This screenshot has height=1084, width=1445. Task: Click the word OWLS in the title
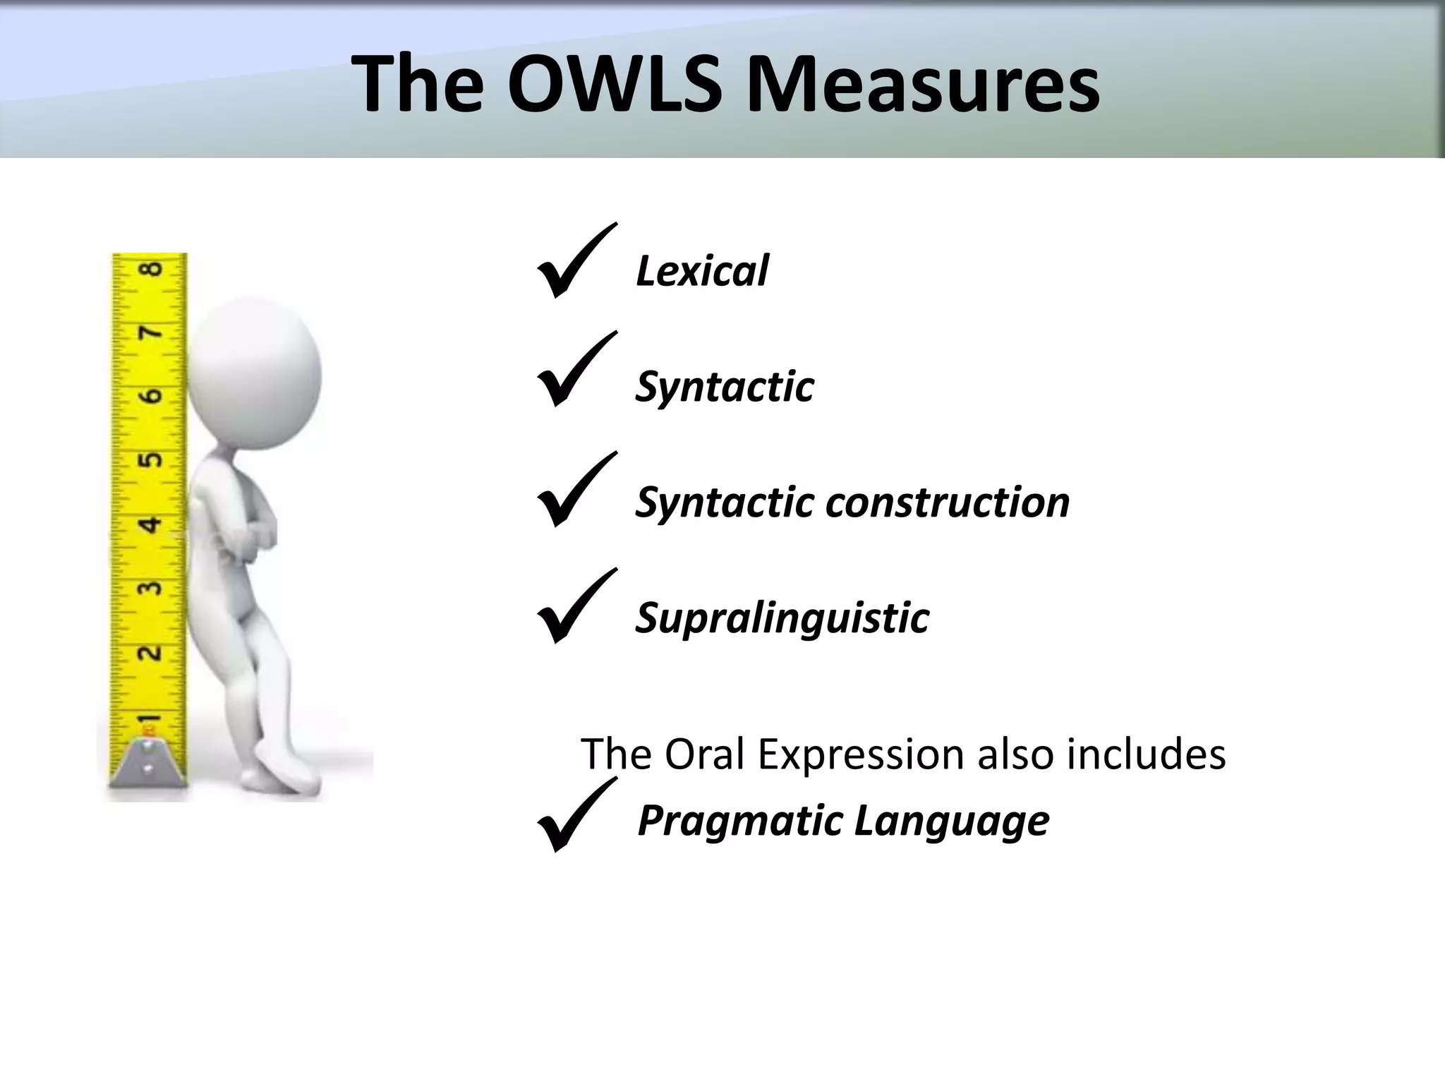[x=615, y=83]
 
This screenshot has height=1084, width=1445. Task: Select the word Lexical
[x=702, y=271]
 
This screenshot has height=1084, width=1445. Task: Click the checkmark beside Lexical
[x=575, y=263]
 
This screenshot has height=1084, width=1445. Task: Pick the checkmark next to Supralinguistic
[x=575, y=608]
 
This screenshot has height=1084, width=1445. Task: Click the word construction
[x=947, y=502]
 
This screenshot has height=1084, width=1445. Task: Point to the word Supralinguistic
[x=782, y=619]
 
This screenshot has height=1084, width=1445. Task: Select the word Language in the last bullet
[x=952, y=821]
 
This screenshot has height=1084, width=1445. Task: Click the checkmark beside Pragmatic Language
[x=575, y=817]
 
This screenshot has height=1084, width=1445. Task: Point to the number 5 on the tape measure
[x=150, y=460]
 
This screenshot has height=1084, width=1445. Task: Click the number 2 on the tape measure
[x=149, y=652]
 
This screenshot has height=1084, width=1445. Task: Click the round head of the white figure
[x=255, y=373]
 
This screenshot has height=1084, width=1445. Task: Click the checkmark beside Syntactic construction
[x=575, y=491]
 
